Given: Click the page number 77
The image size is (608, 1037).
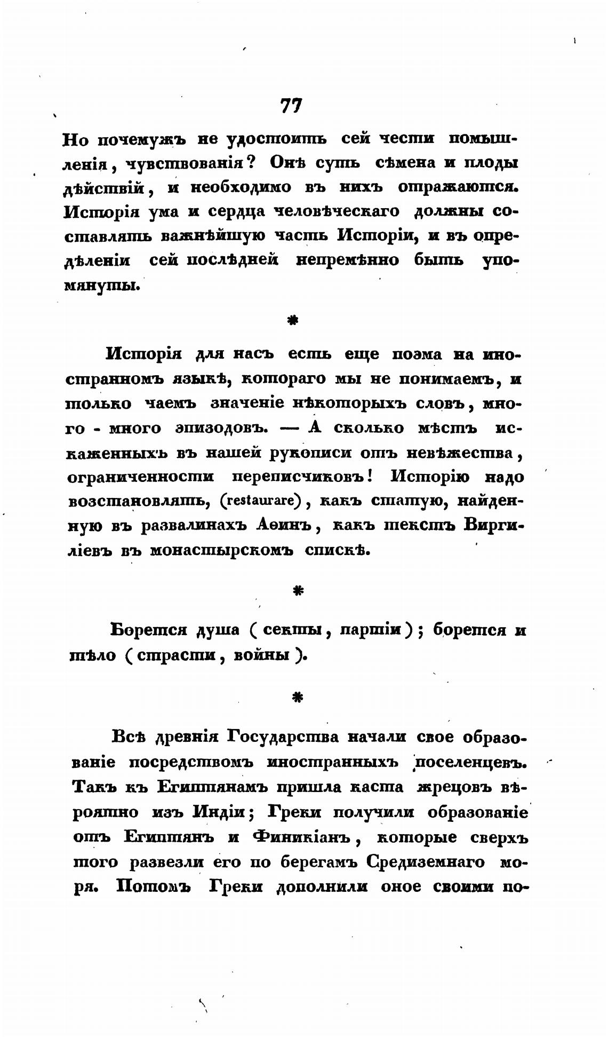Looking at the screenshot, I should (x=291, y=106).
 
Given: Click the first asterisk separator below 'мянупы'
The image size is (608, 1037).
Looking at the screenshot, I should (x=292, y=320).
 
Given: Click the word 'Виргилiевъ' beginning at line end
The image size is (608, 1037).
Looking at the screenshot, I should (x=494, y=526).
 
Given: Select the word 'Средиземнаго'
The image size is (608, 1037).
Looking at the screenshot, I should (x=427, y=862).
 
